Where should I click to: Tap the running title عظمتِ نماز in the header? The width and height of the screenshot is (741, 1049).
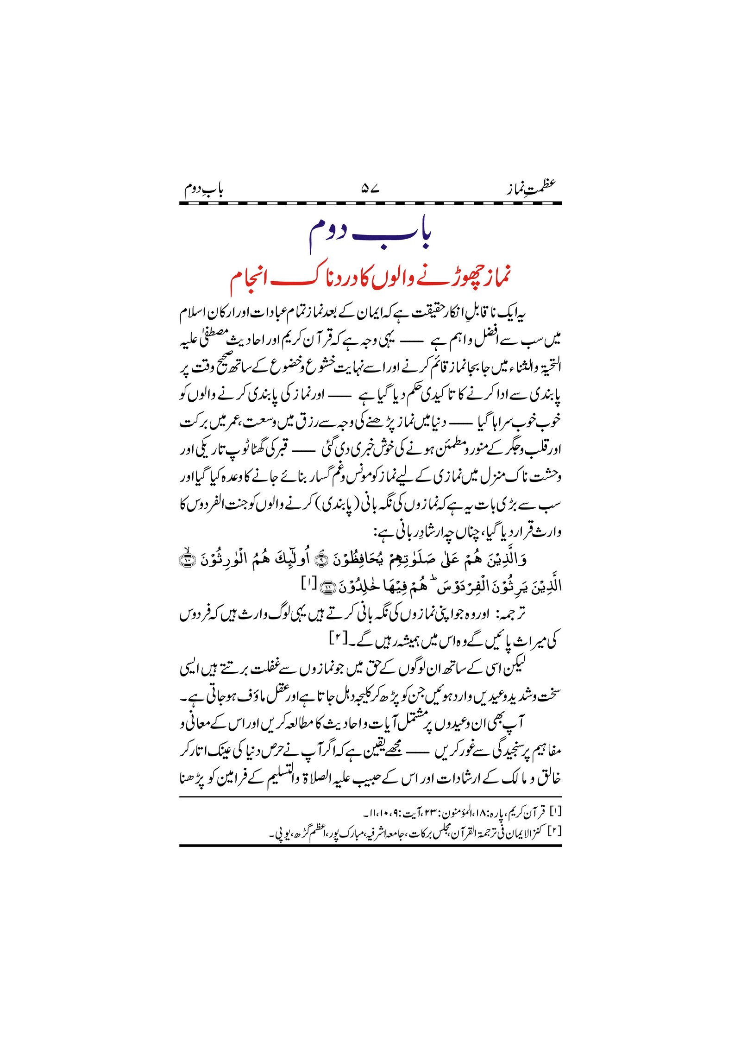(531, 188)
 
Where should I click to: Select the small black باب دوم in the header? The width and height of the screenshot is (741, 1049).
(203, 189)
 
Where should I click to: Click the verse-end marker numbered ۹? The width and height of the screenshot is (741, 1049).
(320, 560)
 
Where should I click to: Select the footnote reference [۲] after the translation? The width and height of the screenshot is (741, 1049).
(337, 638)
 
